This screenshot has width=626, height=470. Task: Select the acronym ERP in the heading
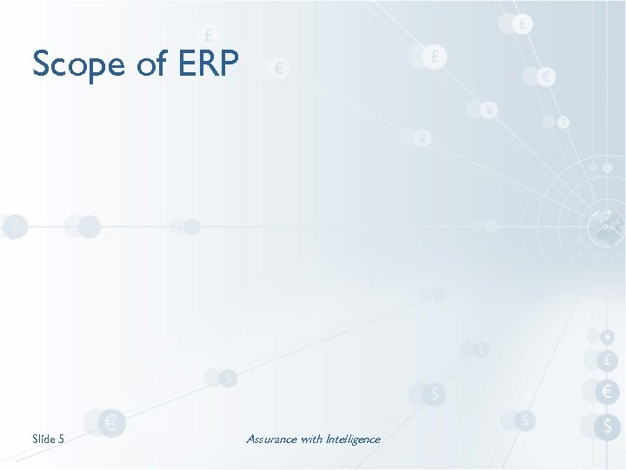coord(208,64)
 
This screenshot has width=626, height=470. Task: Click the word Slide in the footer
coord(43,439)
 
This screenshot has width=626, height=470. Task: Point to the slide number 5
coord(61,439)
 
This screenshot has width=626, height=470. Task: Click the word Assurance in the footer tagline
coord(271,439)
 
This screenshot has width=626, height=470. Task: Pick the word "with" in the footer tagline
coord(312,439)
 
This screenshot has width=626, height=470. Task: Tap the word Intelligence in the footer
coord(354,439)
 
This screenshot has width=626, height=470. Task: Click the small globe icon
coord(605,228)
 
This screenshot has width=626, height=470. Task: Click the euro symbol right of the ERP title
coord(280,68)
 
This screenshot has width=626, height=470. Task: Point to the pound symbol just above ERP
coord(209,36)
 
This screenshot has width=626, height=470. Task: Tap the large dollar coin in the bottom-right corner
coord(607,426)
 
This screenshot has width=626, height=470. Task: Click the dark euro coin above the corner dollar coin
coord(607,392)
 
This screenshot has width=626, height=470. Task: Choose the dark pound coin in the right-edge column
coord(607,360)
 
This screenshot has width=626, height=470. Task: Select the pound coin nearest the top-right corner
coord(522,24)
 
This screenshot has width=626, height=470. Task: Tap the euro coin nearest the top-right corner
coord(546,77)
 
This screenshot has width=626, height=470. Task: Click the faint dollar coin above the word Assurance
coord(228,378)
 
